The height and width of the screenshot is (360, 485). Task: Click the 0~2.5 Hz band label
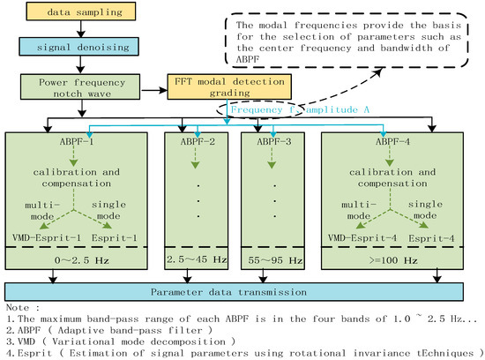[x=83, y=260]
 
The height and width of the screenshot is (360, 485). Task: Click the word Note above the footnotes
[x=18, y=306]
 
